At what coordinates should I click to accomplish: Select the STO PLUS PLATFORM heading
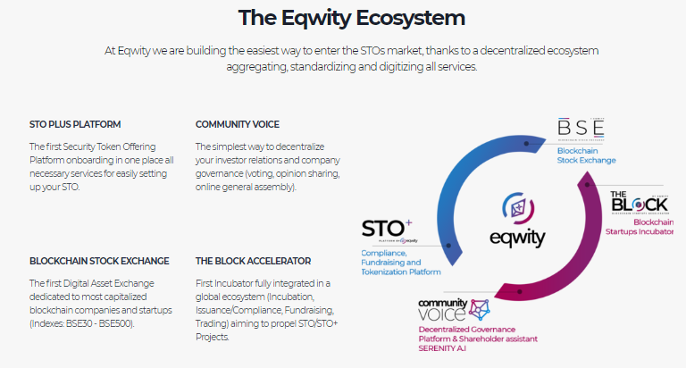pyautogui.click(x=75, y=124)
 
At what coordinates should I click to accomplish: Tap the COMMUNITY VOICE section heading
pyautogui.click(x=238, y=124)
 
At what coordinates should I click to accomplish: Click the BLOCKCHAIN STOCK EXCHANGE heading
pyautogui.click(x=99, y=261)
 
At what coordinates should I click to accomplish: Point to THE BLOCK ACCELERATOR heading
pyautogui.click(x=254, y=261)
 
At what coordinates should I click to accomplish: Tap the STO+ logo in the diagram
pyautogui.click(x=389, y=230)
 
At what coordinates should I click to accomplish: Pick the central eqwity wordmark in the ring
pyautogui.click(x=517, y=239)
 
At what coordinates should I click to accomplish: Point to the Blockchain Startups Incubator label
pyautogui.click(x=643, y=228)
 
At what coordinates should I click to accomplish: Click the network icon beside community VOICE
pyautogui.click(x=480, y=310)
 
